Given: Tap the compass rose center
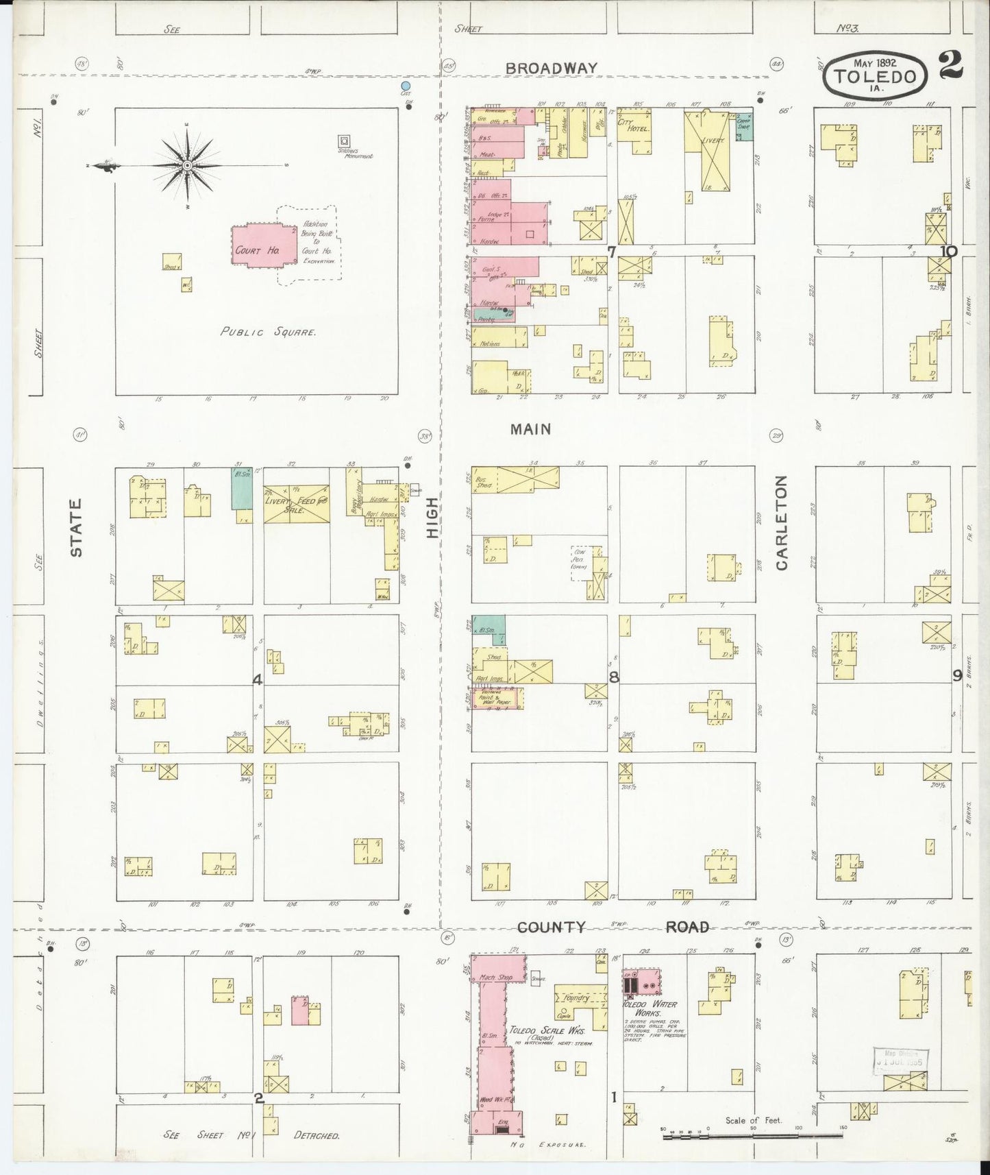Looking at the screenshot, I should (187, 166).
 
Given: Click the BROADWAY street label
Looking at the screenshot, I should (551, 68).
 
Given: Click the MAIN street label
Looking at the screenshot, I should (530, 429).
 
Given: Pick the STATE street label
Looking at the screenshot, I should (76, 527).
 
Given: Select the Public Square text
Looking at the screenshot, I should (268, 332).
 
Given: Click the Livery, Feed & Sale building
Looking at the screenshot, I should (297, 505).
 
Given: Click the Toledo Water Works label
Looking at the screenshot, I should (649, 1008).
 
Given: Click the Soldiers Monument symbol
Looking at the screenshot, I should (345, 141).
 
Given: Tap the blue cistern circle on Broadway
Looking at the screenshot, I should (406, 86).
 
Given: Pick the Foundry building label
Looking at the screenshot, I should (576, 997).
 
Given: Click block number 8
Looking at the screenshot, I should (614, 677).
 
